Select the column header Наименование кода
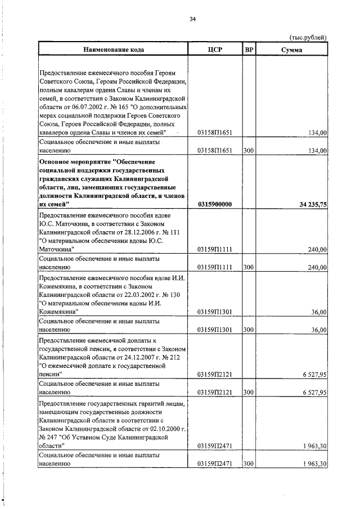tap(114, 49)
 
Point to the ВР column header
tap(249, 49)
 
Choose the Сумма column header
tap(291, 49)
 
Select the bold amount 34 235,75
tap(309, 204)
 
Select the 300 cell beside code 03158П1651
tap(249, 151)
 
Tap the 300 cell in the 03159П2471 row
tap(249, 463)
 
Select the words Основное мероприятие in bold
tap(74, 161)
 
